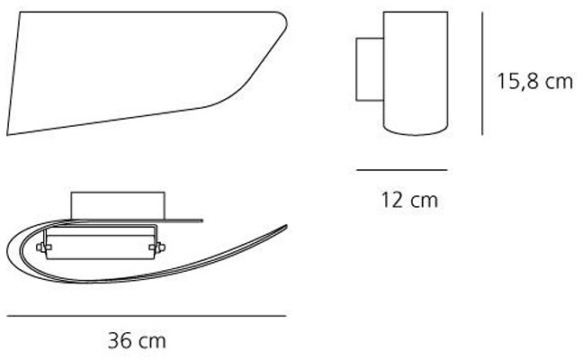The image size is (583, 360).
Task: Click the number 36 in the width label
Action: coord(120,342)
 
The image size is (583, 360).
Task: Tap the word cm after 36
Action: coord(151,342)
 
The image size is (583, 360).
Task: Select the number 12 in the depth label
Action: coord(388,200)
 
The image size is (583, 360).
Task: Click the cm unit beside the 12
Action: coord(420,200)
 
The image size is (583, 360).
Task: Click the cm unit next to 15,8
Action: coord(558,82)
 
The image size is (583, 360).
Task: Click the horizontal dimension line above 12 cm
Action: coord(401,169)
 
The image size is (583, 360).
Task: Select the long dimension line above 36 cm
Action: coord(146,316)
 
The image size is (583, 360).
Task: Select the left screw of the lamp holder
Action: coord(41,245)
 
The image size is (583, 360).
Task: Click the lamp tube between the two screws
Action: coord(99,245)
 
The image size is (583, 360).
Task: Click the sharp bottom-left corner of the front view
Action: coord(7,135)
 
